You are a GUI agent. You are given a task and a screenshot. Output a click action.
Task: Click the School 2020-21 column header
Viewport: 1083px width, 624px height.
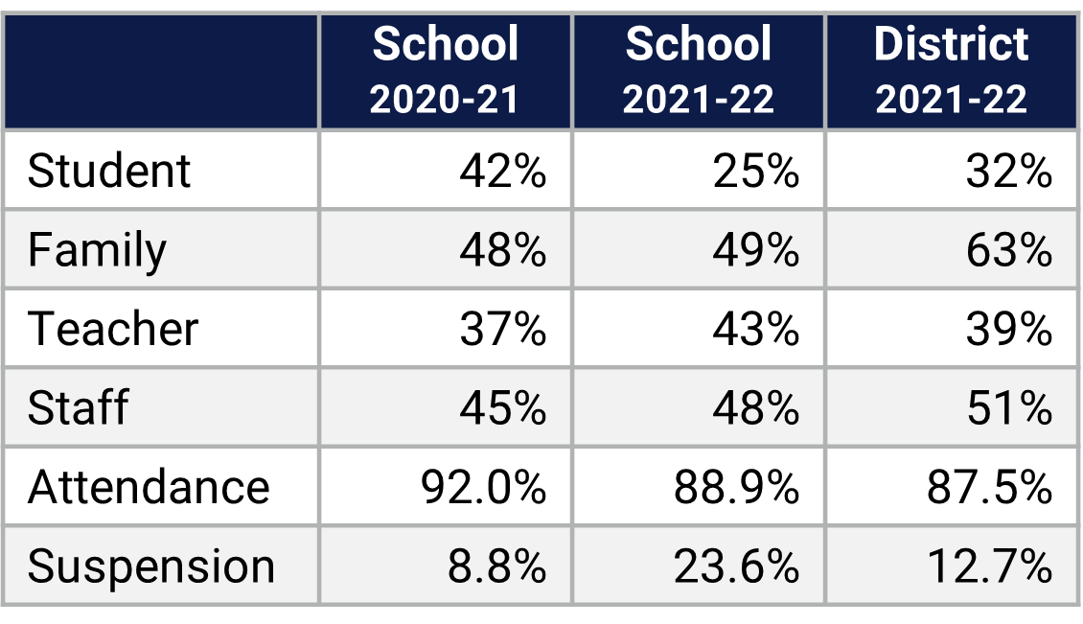click(445, 72)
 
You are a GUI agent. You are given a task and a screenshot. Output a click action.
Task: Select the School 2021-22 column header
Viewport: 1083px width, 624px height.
click(698, 72)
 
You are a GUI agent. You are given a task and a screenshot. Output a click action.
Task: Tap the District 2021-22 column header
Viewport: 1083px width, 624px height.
click(951, 72)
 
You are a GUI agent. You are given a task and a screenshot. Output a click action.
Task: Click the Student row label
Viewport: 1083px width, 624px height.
click(109, 172)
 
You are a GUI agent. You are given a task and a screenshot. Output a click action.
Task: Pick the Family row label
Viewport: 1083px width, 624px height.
click(97, 250)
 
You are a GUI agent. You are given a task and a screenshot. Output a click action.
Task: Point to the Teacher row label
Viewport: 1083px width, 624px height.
click(113, 329)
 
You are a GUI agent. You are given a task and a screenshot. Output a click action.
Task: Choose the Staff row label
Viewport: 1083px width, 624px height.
click(78, 407)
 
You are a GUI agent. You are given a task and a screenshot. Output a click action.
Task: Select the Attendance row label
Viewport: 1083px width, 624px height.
click(149, 487)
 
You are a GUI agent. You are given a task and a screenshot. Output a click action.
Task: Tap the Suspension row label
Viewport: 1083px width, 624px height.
click(151, 566)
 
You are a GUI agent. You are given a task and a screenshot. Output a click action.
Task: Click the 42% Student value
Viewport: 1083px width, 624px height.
click(502, 172)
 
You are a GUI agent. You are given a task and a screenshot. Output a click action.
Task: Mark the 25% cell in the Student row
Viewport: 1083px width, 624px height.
click(755, 172)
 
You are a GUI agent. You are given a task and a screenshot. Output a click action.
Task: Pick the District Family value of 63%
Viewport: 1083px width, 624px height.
click(1008, 250)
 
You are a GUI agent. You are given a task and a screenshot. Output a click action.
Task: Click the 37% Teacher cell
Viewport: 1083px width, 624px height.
click(502, 329)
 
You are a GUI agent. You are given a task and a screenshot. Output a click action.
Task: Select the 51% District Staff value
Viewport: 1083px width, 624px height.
click(1008, 407)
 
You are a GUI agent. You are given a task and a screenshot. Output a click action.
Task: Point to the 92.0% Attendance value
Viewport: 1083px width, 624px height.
click(484, 487)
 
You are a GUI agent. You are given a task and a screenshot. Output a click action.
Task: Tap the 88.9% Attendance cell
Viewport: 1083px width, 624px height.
click(737, 487)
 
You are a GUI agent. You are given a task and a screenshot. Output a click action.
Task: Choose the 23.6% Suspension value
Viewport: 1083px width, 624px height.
click(737, 566)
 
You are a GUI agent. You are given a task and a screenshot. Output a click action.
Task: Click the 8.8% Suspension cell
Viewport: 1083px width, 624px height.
click(496, 566)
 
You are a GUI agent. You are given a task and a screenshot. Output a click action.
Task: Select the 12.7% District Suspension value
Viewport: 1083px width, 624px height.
click(990, 566)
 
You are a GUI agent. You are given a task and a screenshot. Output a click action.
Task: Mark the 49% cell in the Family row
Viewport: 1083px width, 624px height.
click(755, 250)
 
